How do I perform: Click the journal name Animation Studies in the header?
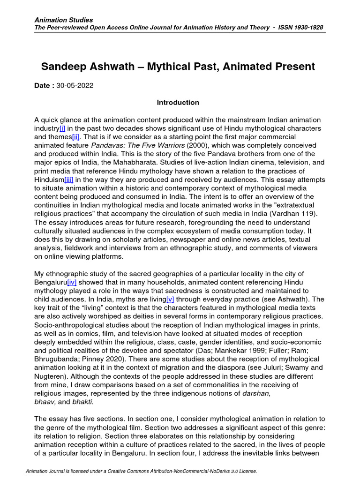pyautogui.click(x=64, y=20)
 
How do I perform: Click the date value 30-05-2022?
pyautogui.click(x=75, y=86)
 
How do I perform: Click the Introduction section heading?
pyautogui.click(x=178, y=102)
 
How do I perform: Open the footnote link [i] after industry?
pyautogui.click(x=62, y=128)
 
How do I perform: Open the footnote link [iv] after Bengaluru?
pyautogui.click(x=72, y=282)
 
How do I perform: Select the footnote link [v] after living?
pyautogui.click(x=170, y=299)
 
